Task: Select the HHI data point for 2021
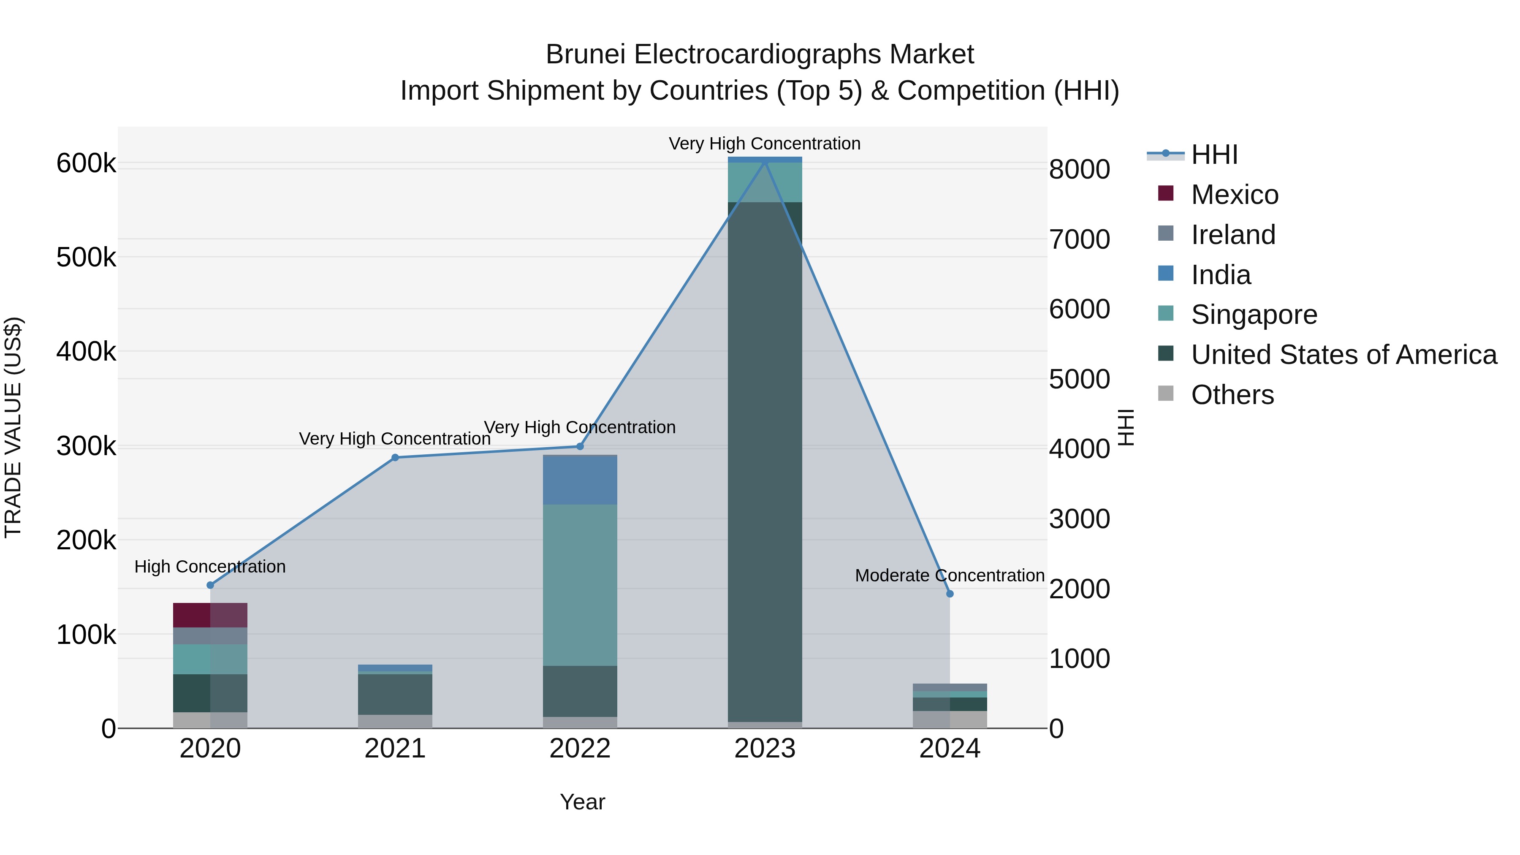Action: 395,457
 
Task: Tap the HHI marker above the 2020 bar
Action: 210,585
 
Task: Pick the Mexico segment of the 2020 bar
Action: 210,615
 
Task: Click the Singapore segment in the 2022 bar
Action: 580,584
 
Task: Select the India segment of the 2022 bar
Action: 580,480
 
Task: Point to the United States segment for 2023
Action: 765,460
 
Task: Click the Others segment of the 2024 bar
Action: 950,719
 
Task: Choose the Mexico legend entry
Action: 1235,195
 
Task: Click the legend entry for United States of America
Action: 1344,355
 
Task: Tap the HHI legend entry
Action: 1214,155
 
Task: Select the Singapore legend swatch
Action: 1166,314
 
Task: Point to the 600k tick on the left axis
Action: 86,163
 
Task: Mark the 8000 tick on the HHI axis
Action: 1079,169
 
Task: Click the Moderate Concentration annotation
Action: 950,575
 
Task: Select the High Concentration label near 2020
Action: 210,567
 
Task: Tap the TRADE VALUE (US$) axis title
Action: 13,427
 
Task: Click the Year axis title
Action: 582,802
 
